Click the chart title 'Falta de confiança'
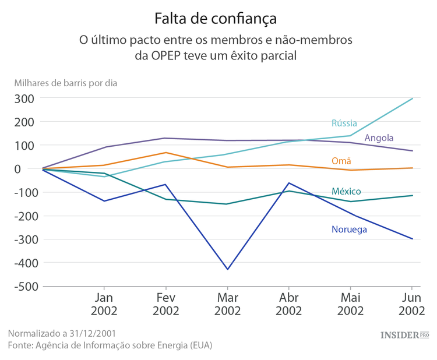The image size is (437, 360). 215,19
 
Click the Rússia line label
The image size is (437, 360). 344,123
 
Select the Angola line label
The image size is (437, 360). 379,138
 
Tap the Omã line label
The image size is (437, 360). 341,161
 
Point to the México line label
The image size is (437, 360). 346,191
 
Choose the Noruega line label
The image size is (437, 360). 349,229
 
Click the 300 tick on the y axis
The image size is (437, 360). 26,98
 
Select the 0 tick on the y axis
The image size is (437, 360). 33,169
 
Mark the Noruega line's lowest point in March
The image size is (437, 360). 227,269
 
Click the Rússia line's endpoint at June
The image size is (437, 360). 413,98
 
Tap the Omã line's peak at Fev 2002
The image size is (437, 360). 165,153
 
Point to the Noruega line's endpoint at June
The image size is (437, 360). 413,239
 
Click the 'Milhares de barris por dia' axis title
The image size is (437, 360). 66,83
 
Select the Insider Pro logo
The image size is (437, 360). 404,335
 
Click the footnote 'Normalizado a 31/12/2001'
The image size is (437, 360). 62,333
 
